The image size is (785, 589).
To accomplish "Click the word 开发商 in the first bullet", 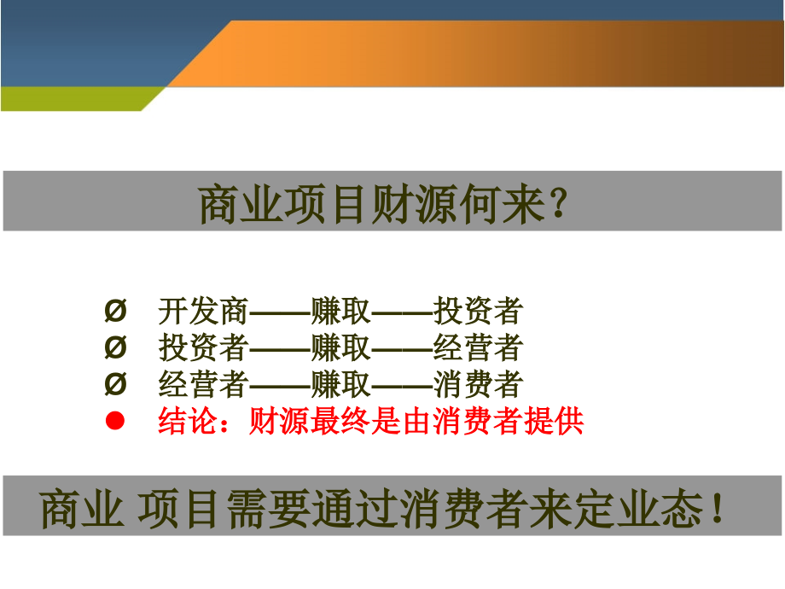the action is [203, 311].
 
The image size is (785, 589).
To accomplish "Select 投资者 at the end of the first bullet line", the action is [478, 311].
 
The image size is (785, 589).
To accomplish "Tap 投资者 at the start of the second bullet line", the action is [203, 347].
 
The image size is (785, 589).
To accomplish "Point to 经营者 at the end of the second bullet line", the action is [478, 347].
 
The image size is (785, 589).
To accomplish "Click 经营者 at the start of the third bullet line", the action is [203, 384].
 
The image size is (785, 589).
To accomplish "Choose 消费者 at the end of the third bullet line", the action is [478, 384].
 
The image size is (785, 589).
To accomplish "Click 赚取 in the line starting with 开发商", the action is [340, 311].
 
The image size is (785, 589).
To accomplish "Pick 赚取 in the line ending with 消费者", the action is [340, 384].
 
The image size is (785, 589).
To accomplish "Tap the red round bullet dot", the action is [115, 421].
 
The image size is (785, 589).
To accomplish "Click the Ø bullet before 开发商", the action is [115, 311].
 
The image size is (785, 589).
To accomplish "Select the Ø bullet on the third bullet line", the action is [115, 384].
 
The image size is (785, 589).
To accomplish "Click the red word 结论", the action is [188, 421].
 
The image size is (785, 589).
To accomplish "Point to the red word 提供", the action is [554, 421].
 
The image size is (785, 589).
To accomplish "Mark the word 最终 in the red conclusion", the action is [340, 421].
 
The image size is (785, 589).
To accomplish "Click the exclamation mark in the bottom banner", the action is [718, 507].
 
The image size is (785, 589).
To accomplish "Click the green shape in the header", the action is [80, 98].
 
